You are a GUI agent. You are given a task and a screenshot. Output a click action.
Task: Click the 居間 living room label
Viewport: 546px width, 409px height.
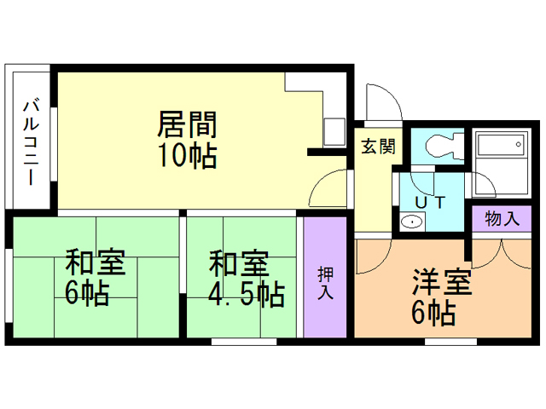pos(186,124)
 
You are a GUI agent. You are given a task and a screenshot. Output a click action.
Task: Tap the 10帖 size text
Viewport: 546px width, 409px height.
pos(186,155)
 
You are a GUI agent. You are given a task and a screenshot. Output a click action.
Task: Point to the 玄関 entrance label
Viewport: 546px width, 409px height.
pos(377,146)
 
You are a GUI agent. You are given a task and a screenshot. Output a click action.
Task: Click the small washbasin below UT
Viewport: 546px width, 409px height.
pos(411,222)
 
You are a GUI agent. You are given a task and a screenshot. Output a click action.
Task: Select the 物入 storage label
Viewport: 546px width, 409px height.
pos(502,217)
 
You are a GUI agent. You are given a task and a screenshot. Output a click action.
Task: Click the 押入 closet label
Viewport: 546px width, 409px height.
pos(325,284)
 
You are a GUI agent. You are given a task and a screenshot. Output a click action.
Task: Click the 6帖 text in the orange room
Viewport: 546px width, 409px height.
pos(433,313)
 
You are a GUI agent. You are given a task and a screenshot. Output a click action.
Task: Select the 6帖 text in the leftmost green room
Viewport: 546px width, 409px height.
pos(87,294)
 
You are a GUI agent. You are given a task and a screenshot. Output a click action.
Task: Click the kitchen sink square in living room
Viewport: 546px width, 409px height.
pos(333,132)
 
